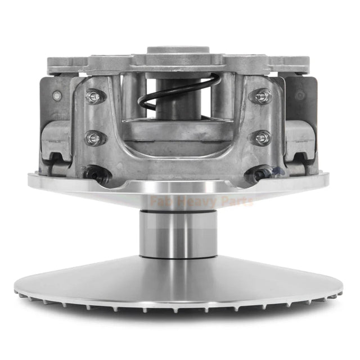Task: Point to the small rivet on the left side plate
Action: (x=56, y=96)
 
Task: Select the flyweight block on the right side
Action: (x=301, y=138)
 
